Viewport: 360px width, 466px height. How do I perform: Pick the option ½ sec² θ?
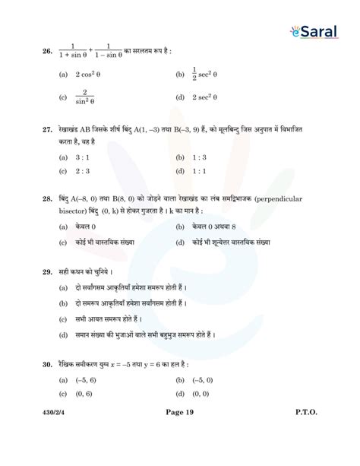click(206, 74)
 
